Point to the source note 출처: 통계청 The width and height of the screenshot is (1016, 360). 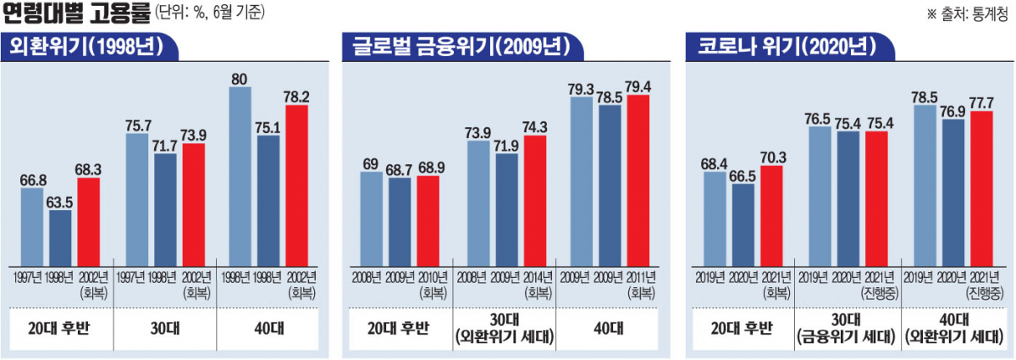click(x=964, y=14)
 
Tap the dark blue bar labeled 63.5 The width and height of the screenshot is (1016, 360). click(x=60, y=236)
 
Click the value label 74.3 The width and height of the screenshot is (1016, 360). click(x=535, y=126)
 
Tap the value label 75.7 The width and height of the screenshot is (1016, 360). click(x=138, y=125)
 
